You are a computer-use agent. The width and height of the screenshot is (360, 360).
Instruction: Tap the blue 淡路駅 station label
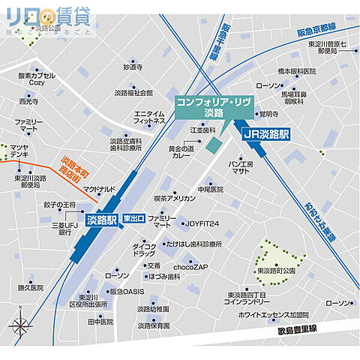pos(101,220)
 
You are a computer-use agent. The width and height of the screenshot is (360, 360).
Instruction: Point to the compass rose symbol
pos(20,326)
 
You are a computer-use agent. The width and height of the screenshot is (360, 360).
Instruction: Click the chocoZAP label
pos(190,265)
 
